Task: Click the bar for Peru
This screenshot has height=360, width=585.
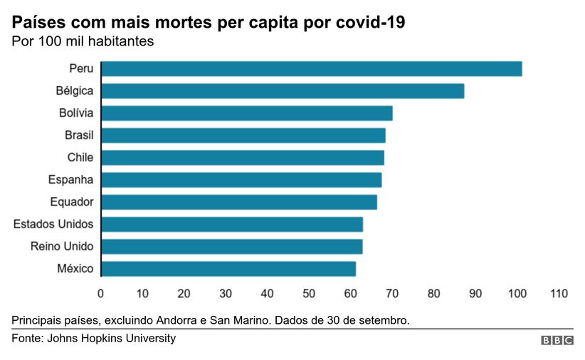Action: [312, 69]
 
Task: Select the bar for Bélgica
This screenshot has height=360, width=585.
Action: [283, 91]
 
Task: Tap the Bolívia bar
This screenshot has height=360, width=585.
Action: [247, 113]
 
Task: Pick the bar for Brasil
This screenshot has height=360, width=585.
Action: [243, 135]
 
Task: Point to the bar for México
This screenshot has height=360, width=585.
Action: [228, 269]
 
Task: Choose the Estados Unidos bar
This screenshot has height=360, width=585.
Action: [232, 225]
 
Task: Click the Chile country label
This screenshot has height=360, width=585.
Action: [80, 157]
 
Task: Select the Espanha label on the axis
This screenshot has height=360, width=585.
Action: [70, 179]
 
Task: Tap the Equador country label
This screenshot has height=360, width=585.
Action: [71, 202]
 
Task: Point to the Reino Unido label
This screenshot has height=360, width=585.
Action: [62, 247]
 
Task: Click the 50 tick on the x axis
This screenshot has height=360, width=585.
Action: [309, 293]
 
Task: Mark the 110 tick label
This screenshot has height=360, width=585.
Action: [559, 293]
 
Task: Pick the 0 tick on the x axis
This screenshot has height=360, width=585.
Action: [100, 293]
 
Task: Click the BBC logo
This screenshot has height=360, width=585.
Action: [557, 341]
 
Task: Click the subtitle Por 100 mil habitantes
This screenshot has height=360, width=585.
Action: [83, 41]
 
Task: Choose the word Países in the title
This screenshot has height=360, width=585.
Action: [37, 23]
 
